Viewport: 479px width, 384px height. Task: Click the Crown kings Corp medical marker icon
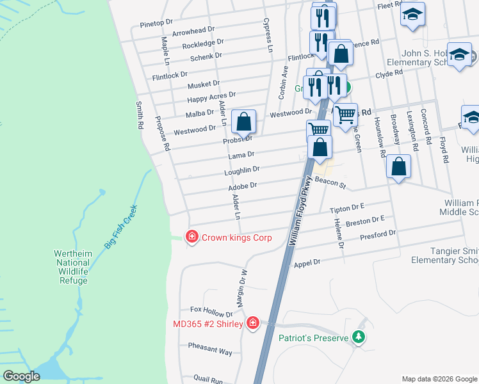191,237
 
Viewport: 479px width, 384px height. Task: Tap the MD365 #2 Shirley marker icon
253,323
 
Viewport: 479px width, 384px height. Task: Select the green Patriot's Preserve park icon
359,337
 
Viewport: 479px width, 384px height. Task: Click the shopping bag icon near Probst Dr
244,121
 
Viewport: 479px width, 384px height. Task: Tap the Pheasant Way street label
210,351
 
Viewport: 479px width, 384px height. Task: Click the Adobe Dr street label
243,186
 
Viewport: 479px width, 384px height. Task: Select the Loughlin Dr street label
242,170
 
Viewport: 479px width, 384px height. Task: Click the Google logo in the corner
21,376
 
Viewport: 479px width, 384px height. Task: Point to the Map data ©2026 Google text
439,379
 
